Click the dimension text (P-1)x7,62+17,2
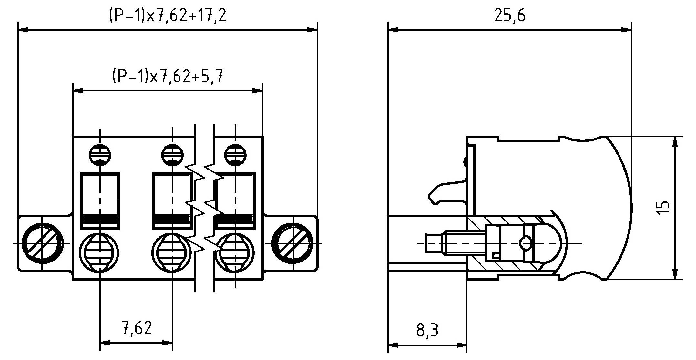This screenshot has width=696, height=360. point(167,15)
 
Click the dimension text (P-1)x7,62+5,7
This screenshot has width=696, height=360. point(167,77)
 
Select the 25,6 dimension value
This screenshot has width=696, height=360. point(510,15)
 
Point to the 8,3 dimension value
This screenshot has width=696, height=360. point(427,330)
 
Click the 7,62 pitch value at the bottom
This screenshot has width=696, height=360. point(137,328)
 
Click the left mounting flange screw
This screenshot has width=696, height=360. point(42,243)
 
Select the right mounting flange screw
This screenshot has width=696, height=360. point(292,243)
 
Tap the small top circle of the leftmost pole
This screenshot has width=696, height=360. point(100,155)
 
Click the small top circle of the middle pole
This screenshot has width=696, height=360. point(172,155)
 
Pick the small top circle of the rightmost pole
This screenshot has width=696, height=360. point(235,155)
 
